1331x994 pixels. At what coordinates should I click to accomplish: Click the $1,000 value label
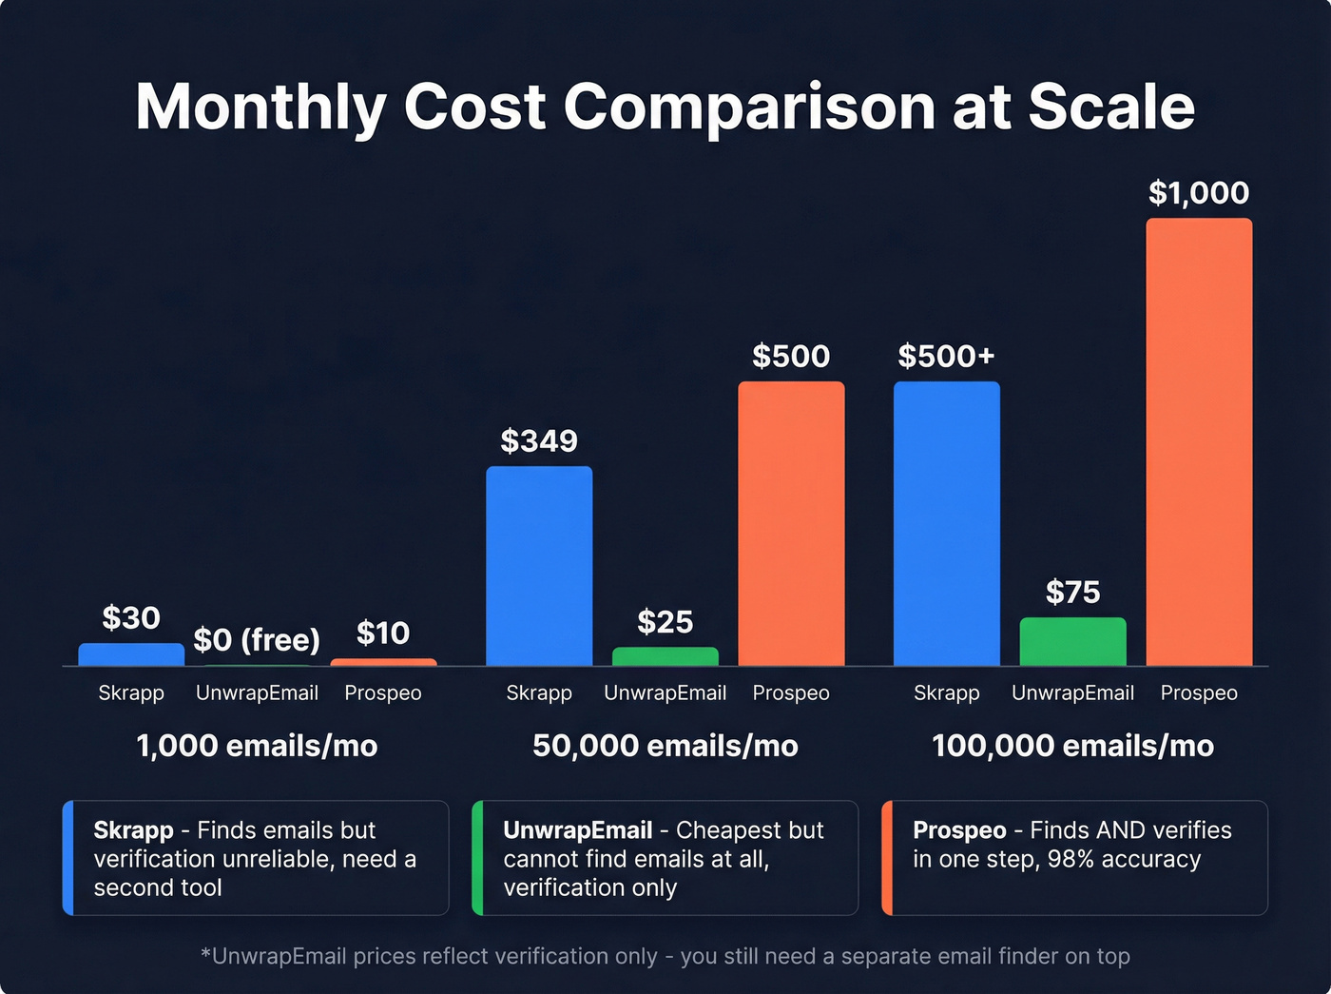coord(1198,193)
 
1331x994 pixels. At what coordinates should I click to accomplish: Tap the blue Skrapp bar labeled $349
coord(539,566)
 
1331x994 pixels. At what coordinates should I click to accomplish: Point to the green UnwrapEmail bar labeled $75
coord(1072,642)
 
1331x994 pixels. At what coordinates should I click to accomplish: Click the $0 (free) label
coord(257,640)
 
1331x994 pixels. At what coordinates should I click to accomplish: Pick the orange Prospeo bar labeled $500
coord(791,523)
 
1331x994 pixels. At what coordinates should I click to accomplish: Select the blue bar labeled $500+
coord(946,523)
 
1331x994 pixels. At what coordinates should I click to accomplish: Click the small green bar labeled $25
coord(665,656)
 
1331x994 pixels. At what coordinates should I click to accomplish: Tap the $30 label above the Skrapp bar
coord(131,618)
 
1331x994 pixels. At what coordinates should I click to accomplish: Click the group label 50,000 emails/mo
coord(665,746)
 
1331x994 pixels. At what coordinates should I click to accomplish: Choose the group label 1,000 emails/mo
coord(257,746)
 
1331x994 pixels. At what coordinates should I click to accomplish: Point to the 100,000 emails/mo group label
coord(1072,746)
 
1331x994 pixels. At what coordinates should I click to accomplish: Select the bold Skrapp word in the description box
coord(133,830)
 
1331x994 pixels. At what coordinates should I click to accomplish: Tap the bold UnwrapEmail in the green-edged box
coord(577,830)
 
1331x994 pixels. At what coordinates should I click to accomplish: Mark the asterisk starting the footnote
coord(205,954)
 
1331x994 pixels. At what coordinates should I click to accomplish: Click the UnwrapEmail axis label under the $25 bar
coord(665,693)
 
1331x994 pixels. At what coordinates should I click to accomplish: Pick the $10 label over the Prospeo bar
coord(382,633)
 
